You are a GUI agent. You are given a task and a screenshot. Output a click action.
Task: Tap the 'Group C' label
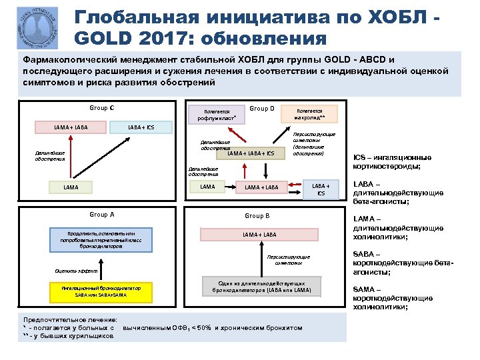[x=101, y=108]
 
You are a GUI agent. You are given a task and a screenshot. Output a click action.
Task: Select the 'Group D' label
[x=262, y=108]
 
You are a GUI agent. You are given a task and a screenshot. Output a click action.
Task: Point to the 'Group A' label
[x=101, y=215]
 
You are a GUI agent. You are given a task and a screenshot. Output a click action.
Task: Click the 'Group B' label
[x=257, y=216]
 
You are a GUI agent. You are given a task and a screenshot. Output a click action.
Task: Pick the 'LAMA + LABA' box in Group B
[x=259, y=234]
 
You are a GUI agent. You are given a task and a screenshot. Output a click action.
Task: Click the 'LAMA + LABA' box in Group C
[x=71, y=127]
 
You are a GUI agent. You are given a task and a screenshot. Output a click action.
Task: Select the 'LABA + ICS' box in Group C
[x=141, y=127]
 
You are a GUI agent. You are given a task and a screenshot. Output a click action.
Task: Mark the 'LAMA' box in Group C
[x=71, y=188]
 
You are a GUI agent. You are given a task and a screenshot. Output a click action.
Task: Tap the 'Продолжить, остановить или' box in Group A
[x=101, y=238]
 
